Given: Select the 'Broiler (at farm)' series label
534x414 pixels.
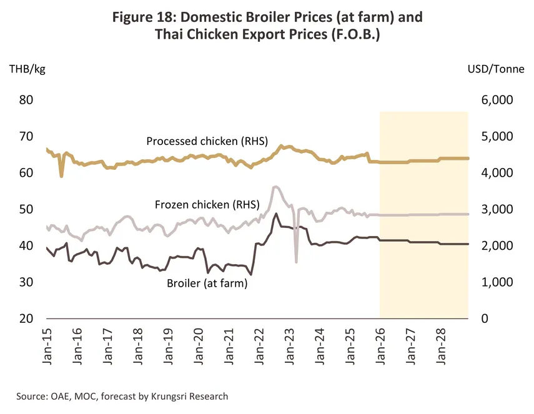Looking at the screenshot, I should point(207,284).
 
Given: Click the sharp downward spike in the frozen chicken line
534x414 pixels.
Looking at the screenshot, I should point(296,262).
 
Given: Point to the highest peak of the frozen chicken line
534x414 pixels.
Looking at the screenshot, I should point(274,186).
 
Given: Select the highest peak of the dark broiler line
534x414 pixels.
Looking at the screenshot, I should point(276,214).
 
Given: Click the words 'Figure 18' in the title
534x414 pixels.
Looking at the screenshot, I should point(146,17).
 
